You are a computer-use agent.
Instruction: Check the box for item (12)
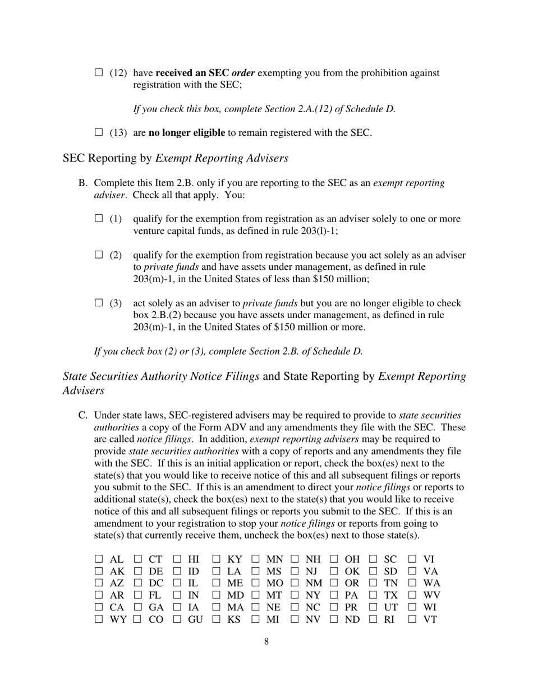pos(99,72)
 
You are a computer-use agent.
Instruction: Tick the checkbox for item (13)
pos(99,132)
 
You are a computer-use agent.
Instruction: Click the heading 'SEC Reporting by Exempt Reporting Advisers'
pos(176,158)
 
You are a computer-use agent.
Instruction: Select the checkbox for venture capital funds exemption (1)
pos(99,218)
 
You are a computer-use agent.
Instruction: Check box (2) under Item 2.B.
pos(99,255)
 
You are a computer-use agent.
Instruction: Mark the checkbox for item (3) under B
pos(99,303)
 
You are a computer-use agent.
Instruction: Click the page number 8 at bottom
pos(266,641)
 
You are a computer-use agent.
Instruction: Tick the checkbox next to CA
pos(99,607)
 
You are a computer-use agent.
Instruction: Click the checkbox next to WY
pos(99,619)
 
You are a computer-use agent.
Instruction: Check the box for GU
pos(177,619)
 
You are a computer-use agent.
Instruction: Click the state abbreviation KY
pos(234,559)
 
